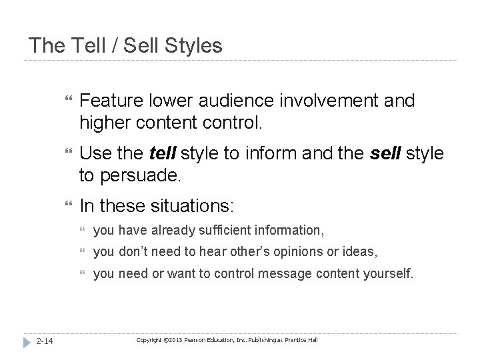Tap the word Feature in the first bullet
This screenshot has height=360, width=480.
[111, 101]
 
